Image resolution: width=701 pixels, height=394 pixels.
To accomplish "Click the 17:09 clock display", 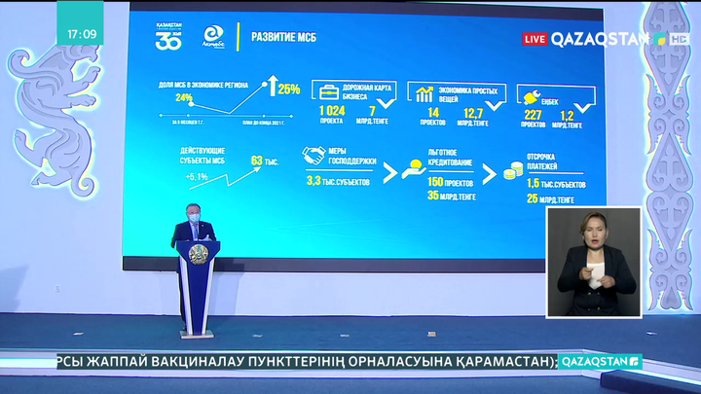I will point(82,34).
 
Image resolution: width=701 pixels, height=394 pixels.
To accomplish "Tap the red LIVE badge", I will point(535,39).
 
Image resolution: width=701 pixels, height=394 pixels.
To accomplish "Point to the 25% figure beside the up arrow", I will point(288,90).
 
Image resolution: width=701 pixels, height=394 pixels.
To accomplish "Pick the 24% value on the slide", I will point(183,98).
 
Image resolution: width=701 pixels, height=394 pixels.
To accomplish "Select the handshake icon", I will point(314,156).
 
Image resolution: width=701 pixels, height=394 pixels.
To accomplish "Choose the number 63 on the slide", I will point(258,161).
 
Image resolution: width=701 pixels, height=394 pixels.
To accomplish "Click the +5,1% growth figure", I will point(198,177).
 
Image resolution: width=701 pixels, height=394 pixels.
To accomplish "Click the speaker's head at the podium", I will point(192,216).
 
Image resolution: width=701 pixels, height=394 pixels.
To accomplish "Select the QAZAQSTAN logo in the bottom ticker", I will point(601,361).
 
